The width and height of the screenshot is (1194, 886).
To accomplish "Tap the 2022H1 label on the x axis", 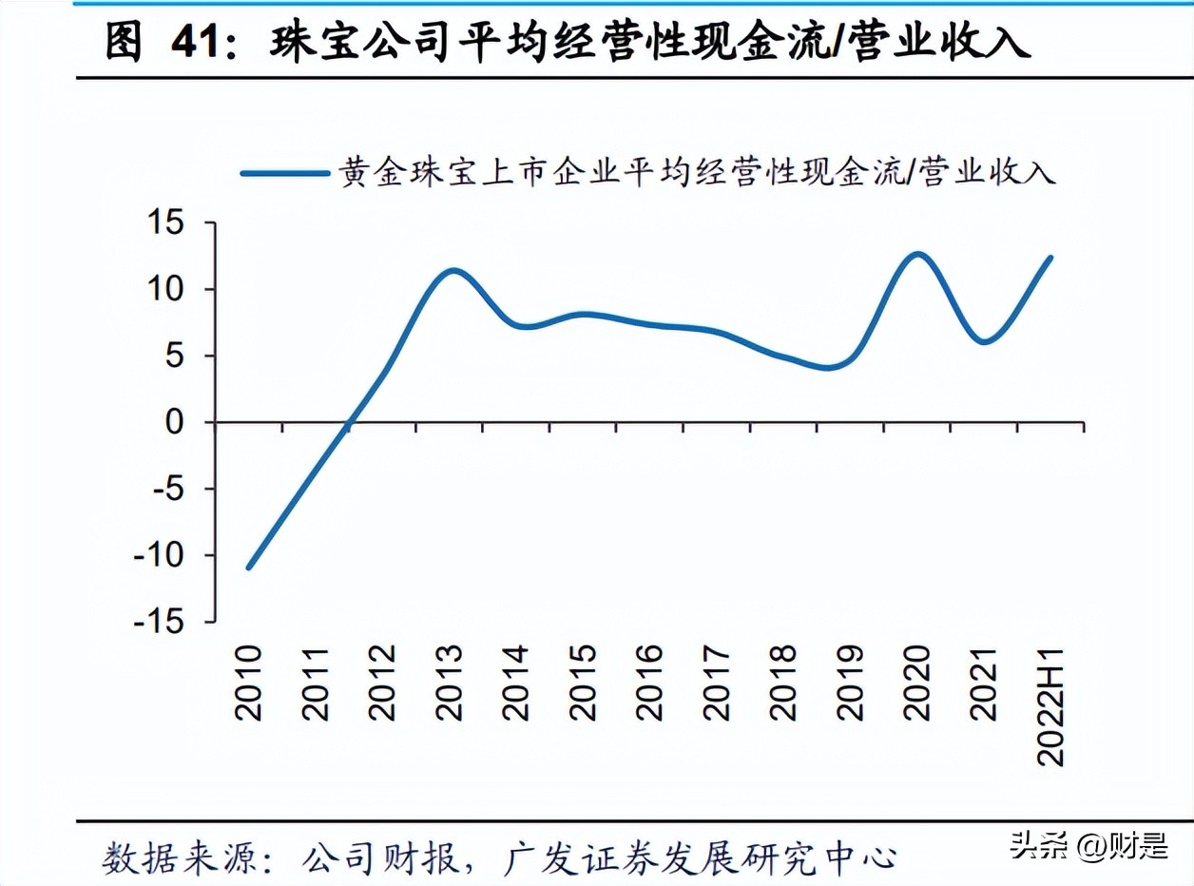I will coord(1051,705).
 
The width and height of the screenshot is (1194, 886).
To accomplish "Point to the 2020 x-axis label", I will coord(917,682).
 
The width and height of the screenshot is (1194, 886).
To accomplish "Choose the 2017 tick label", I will coord(716,682).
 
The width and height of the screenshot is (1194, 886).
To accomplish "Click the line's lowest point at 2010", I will coord(248,568).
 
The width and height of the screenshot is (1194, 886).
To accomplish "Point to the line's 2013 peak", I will coord(453,271).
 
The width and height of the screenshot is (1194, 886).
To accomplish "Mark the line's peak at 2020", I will coord(916,254).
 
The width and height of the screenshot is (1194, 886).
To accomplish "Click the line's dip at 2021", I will coord(985,341).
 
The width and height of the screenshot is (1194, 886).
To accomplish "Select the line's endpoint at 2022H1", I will coord(1050,258).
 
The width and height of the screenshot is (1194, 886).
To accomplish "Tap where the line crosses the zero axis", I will coord(349,422).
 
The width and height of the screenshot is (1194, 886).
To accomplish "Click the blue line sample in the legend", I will coord(285,173).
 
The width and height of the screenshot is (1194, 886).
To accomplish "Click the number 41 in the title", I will coord(201,43).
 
